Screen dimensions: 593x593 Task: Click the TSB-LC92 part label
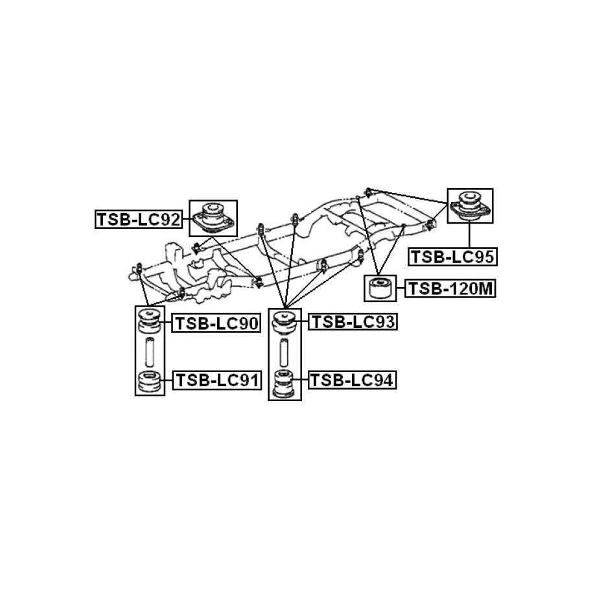click(x=139, y=220)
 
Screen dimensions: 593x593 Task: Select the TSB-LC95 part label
click(x=452, y=257)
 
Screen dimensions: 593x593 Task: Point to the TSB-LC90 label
click(x=216, y=323)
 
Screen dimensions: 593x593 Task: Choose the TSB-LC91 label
click(x=216, y=380)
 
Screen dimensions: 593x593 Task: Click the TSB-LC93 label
click(x=353, y=321)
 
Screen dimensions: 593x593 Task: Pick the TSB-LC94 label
click(x=353, y=380)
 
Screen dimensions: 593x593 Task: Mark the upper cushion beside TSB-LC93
click(x=284, y=322)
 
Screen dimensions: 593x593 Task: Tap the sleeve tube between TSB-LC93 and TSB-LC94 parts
click(x=284, y=352)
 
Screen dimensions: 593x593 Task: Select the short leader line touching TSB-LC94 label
click(x=301, y=380)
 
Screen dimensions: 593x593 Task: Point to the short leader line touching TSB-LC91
click(x=166, y=380)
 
